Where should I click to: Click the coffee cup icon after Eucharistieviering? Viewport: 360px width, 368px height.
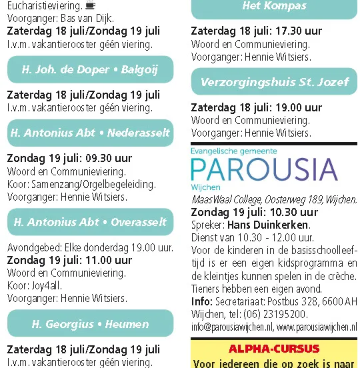point(90,6)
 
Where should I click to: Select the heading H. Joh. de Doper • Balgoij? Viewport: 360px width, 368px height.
point(90,69)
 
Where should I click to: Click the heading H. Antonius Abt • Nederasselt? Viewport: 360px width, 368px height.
point(90,133)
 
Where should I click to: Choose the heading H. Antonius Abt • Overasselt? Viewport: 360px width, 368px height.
point(90,222)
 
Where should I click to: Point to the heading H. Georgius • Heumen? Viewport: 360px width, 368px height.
point(90,324)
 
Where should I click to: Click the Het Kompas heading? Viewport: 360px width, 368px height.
point(275,6)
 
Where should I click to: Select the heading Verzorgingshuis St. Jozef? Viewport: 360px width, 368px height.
point(275,82)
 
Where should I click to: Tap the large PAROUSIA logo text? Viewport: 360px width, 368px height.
point(264,170)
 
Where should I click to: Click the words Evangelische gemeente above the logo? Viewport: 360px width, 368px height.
point(233,151)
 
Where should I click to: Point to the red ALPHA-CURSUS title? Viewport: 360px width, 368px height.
point(274,349)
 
